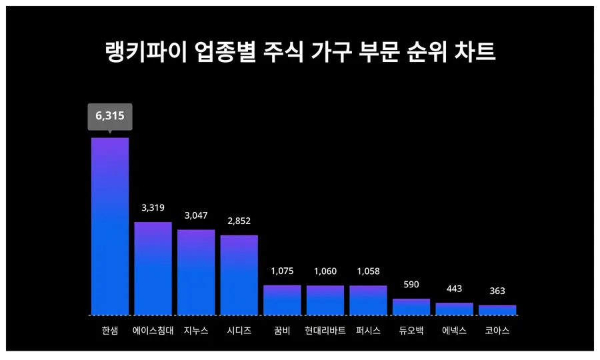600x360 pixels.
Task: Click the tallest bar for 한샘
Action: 110,226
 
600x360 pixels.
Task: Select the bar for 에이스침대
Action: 153,268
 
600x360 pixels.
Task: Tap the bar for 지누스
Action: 196,272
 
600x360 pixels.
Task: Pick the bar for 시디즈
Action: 239,275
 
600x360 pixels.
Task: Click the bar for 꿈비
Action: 282,300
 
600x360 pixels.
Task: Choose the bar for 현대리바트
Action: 325,300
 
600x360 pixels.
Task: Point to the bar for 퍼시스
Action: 368,300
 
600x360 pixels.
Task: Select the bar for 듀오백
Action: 411,307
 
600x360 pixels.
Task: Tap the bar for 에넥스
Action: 454,309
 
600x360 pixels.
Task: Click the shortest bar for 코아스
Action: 497,310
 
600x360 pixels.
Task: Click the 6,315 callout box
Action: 110,116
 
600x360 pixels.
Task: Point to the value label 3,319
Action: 153,208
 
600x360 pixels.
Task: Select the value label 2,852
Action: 239,221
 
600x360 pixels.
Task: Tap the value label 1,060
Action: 325,271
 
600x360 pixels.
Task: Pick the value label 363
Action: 497,291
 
